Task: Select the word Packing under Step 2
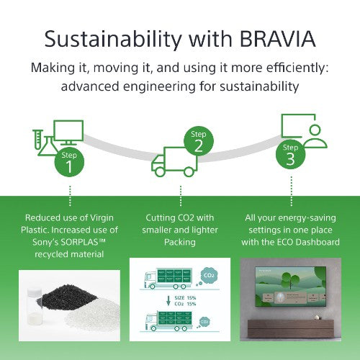coord(180,243)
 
